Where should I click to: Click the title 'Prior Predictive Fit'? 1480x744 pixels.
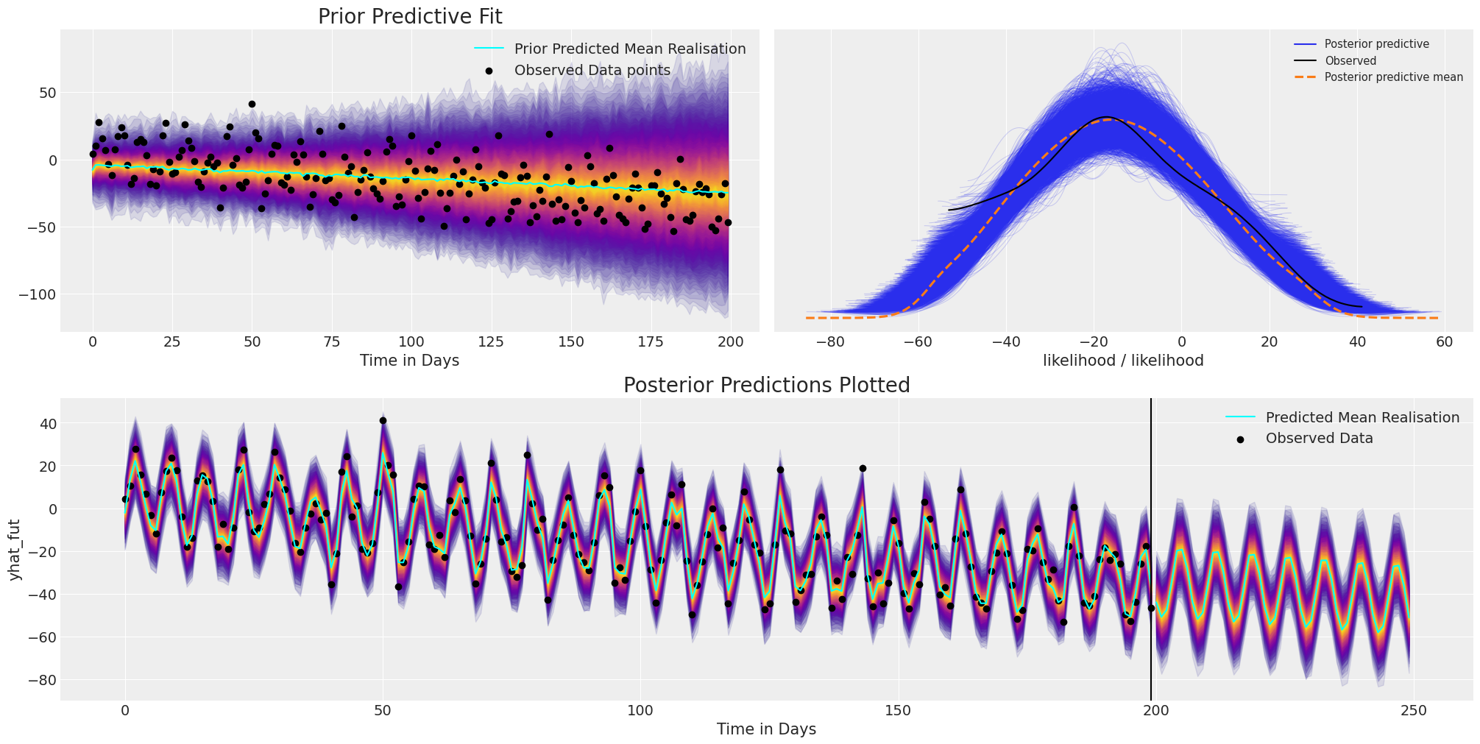410,17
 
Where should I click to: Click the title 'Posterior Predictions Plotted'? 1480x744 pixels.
766,385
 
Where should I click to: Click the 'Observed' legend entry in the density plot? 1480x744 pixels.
1350,61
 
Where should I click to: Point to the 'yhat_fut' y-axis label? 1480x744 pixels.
15,548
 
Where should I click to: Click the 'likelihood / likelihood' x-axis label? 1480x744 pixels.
1123,361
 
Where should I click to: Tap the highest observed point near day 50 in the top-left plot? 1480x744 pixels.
252,104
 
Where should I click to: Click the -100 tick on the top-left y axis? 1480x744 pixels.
33,294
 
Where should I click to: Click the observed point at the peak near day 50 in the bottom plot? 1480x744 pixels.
383,421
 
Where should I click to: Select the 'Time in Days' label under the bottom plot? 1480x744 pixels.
766,729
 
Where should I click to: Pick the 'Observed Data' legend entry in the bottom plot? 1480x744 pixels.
1319,439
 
